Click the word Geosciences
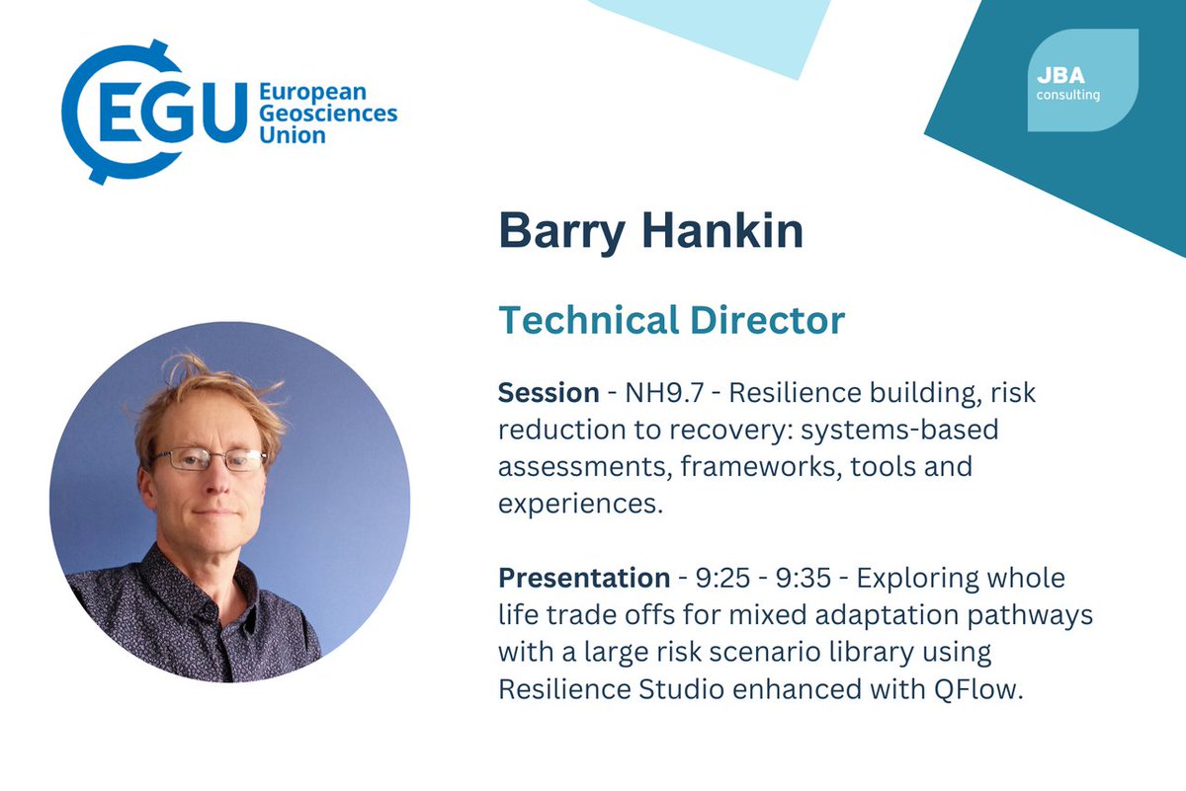coord(327,113)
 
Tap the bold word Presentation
coord(584,577)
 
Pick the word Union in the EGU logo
coord(292,134)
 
